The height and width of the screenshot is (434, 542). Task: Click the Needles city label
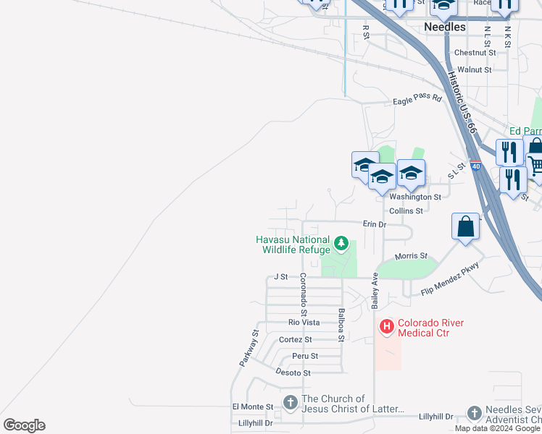coord(444,27)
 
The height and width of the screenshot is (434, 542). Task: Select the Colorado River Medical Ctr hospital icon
coord(387,328)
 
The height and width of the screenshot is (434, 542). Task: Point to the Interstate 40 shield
coord(475,166)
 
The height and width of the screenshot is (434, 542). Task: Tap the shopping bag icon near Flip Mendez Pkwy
coord(465,226)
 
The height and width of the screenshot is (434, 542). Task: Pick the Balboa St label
coord(341,324)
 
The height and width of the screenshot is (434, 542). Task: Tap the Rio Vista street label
coord(304,323)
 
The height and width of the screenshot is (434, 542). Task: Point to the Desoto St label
coord(293,373)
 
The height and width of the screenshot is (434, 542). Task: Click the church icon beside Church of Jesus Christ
coord(291,402)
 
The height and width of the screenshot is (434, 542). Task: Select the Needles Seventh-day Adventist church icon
coord(474,413)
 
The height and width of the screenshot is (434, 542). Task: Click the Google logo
coord(24,425)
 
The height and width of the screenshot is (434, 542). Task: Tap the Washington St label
coord(415,197)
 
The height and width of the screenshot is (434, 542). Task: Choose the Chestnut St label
coord(475,53)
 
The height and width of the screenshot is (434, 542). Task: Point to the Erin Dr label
coord(375,224)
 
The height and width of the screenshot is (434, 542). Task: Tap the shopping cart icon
coord(535,166)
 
